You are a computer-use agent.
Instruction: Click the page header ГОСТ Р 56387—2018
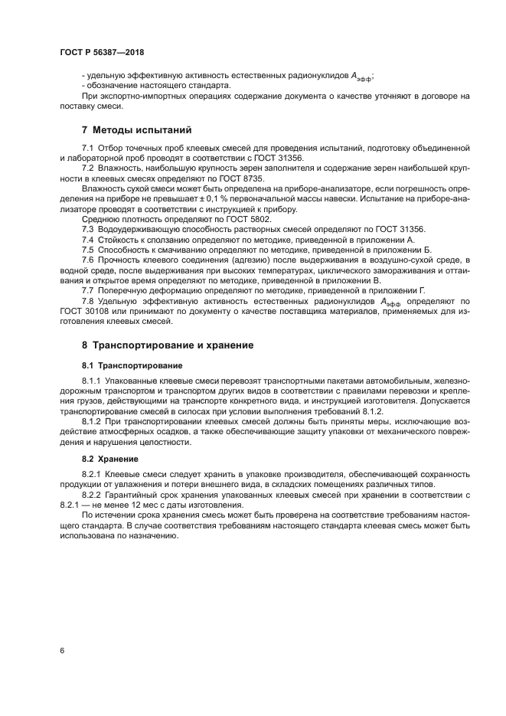pos(102,53)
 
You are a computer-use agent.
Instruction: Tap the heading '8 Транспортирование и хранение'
pos(167,345)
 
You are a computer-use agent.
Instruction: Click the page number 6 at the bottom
pos(62,649)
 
